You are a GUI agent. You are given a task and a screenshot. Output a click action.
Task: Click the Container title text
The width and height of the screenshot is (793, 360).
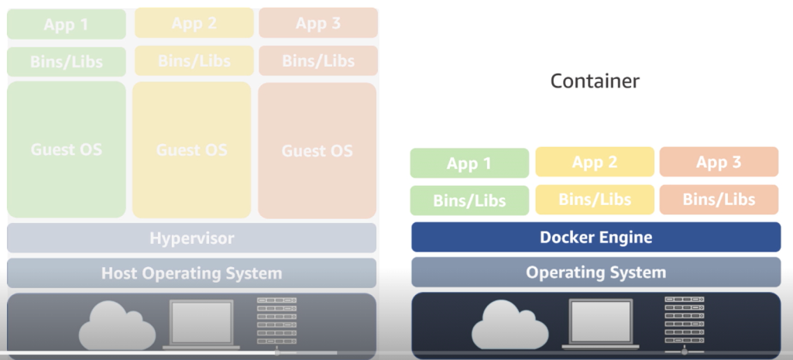pyautogui.click(x=595, y=81)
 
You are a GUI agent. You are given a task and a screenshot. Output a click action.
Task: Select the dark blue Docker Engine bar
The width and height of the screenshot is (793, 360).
pyautogui.click(x=596, y=237)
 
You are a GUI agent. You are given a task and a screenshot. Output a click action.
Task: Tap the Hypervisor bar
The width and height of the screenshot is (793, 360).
pyautogui.click(x=191, y=238)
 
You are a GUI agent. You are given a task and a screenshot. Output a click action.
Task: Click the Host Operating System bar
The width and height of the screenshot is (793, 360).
pyautogui.click(x=191, y=273)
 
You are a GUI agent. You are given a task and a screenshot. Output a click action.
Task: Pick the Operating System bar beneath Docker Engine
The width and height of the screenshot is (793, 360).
pyautogui.click(x=596, y=272)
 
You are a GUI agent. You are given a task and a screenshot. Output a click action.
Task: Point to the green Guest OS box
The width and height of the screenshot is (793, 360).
pyautogui.click(x=67, y=149)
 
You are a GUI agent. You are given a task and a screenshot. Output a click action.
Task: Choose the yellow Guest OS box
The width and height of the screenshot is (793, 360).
pyautogui.click(x=192, y=149)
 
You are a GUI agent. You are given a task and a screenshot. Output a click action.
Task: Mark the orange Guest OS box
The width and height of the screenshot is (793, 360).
pyautogui.click(x=318, y=149)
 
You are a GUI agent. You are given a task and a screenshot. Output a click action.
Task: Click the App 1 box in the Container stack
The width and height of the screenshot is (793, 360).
pyautogui.click(x=469, y=163)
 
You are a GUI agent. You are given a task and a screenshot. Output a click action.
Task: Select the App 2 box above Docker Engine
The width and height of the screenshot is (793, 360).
pyautogui.click(x=594, y=162)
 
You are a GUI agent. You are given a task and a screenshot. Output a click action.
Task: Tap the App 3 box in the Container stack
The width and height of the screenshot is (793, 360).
pyautogui.click(x=719, y=162)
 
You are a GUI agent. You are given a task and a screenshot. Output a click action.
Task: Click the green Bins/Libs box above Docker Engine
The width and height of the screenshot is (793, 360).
pyautogui.click(x=469, y=201)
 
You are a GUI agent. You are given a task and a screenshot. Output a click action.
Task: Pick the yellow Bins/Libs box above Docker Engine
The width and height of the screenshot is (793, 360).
pyautogui.click(x=594, y=199)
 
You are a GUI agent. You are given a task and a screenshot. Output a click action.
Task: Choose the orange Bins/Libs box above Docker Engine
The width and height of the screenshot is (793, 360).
pyautogui.click(x=719, y=199)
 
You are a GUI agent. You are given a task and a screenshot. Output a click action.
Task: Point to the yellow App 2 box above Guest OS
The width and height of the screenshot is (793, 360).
pyautogui.click(x=194, y=23)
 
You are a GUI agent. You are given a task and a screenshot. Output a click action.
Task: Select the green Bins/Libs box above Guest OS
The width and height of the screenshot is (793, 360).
pyautogui.click(x=67, y=62)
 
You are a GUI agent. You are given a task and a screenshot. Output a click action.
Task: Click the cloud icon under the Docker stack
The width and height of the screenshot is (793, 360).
pyautogui.click(x=505, y=325)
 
